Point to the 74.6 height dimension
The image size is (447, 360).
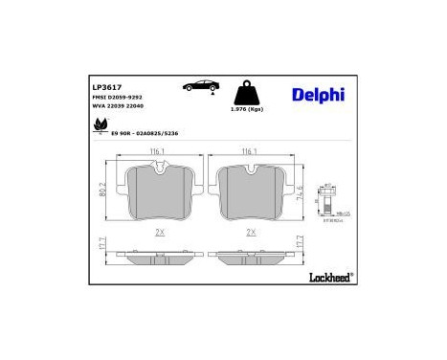302,191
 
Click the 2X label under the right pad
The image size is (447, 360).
251,232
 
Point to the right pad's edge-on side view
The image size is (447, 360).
251,256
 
